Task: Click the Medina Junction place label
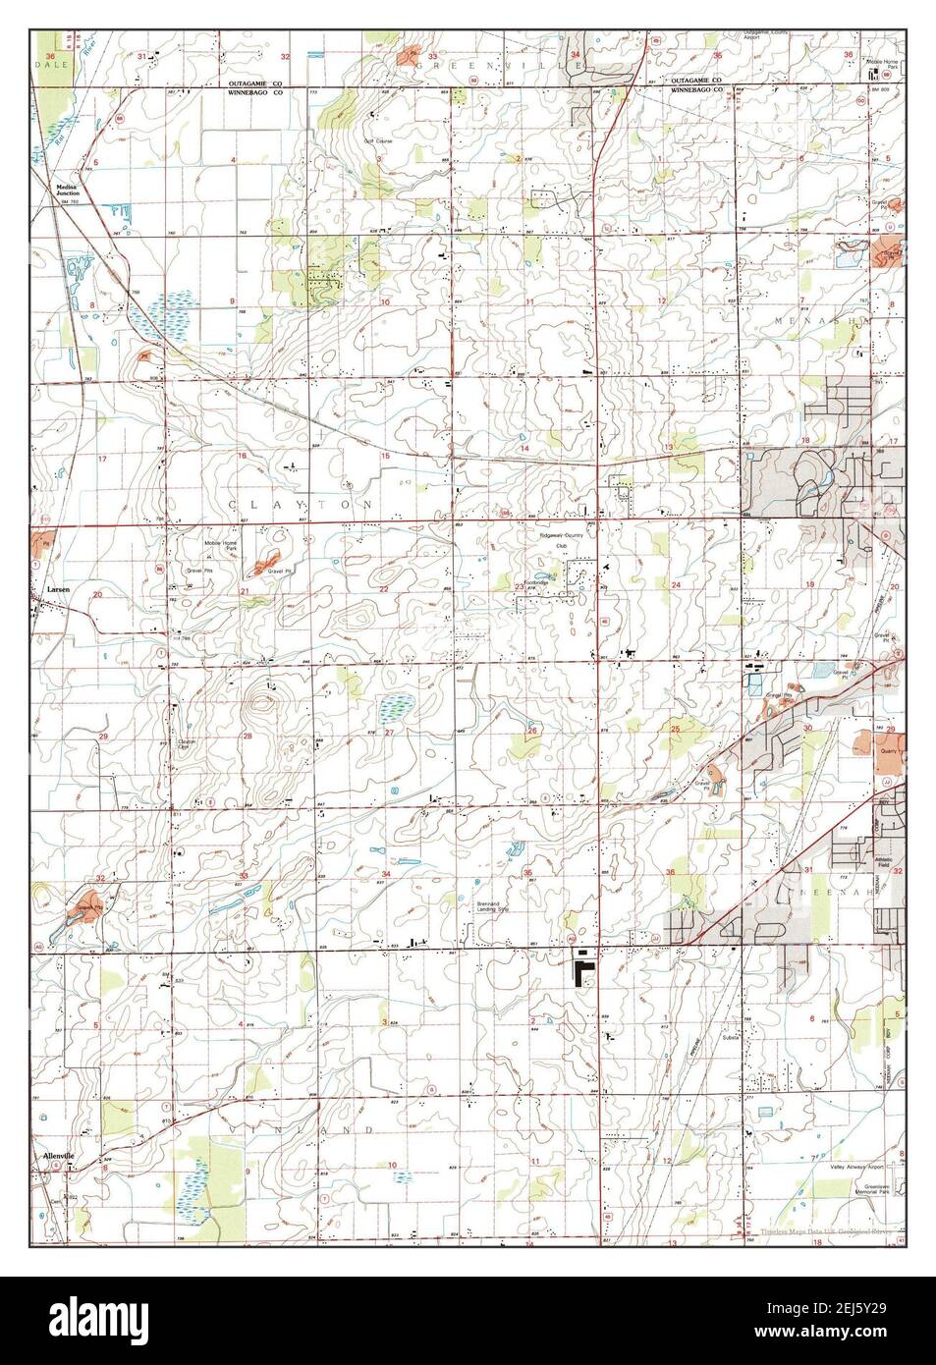click(x=68, y=192)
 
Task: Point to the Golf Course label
click(x=377, y=140)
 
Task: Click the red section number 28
click(x=248, y=736)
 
